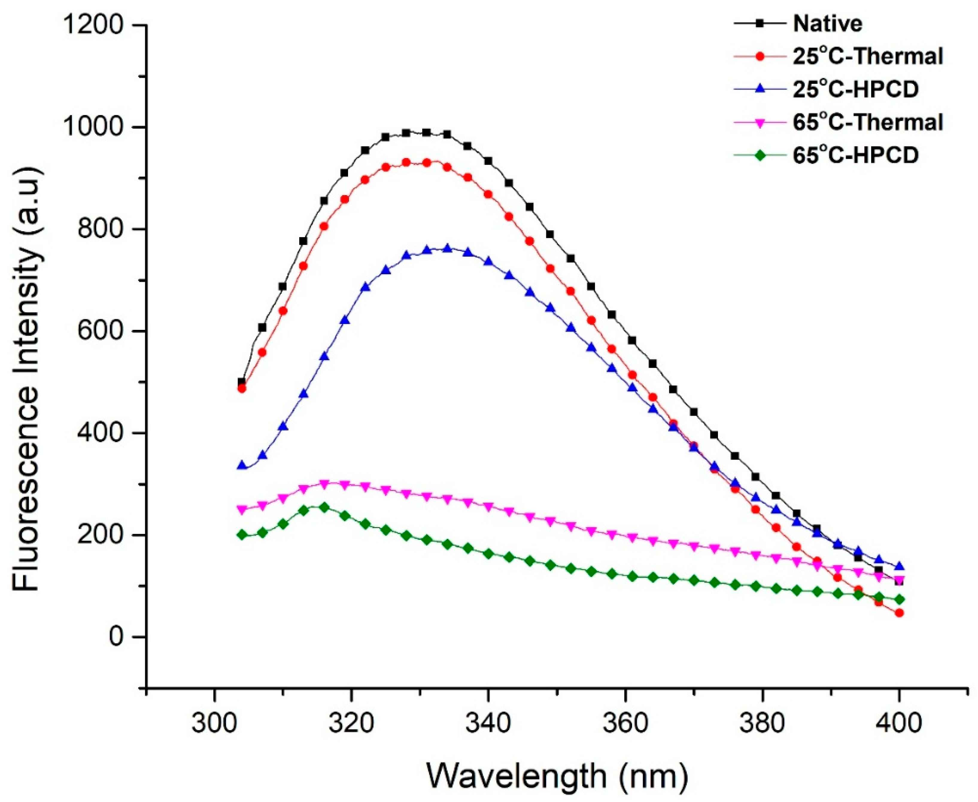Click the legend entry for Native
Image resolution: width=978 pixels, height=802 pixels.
pos(827,24)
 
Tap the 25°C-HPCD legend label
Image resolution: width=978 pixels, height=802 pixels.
pos(856,90)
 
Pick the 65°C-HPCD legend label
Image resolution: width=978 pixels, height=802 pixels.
pos(856,156)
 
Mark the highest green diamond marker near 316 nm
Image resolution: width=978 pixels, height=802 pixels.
pos(324,507)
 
